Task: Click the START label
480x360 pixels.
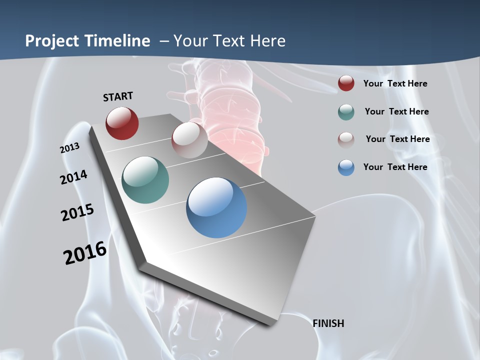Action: click(x=118, y=96)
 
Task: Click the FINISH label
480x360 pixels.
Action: click(x=328, y=323)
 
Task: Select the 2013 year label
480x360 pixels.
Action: click(x=69, y=148)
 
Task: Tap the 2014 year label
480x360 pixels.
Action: click(x=73, y=177)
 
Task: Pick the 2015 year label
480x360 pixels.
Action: click(x=77, y=212)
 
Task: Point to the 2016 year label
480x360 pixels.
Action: click(x=85, y=253)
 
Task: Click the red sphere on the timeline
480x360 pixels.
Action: click(x=122, y=123)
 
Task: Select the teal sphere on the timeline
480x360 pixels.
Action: click(x=145, y=180)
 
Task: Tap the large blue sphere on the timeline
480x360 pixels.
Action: click(x=216, y=207)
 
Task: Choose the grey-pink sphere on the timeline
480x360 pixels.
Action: click(x=189, y=140)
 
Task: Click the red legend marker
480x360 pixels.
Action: click(x=346, y=83)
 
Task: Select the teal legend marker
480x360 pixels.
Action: click(x=346, y=112)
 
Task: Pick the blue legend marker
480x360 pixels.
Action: click(x=346, y=167)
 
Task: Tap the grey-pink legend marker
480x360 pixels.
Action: click(x=346, y=139)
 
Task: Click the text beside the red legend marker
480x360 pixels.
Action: click(x=395, y=83)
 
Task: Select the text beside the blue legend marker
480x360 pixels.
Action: click(x=395, y=167)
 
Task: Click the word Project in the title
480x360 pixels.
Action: click(x=52, y=41)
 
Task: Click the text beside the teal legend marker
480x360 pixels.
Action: click(x=396, y=111)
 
